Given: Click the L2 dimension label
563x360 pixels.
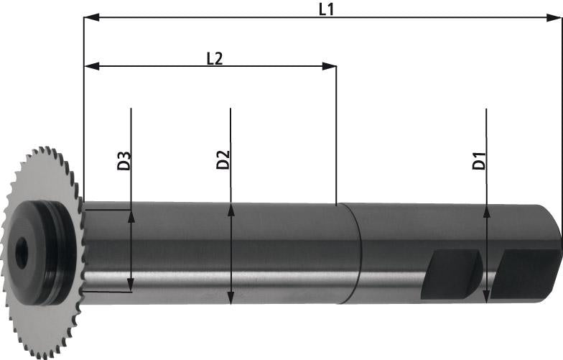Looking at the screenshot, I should click(214, 59).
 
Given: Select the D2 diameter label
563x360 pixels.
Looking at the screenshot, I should click(223, 160).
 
